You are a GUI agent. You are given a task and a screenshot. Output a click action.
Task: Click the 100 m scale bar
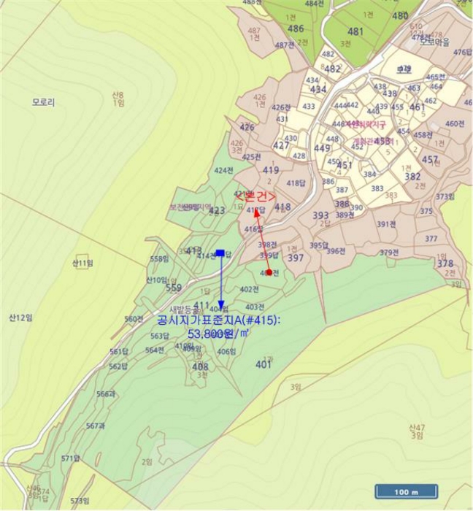coord(406,492)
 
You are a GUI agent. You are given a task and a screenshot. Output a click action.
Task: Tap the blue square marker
coord(220,253)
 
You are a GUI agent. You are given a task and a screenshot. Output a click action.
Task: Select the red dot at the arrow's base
coord(269,272)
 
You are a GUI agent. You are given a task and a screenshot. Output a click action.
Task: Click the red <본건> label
coord(255,196)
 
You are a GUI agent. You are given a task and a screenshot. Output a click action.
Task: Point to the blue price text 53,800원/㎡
coord(219,334)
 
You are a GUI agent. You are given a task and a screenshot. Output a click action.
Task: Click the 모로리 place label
coord(44,103)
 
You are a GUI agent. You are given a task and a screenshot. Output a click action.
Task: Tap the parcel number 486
coord(296,28)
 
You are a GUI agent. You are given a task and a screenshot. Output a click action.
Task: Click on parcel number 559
coord(174,288)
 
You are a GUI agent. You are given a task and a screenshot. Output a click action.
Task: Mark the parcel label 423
coord(217,211)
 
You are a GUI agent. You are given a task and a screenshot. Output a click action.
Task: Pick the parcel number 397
coord(295,258)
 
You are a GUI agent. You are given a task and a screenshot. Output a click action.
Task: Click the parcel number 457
coord(430,159)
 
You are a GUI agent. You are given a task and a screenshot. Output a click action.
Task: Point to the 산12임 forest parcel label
coord(21,318)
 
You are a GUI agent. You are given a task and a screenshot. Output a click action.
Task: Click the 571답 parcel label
coord(70,458)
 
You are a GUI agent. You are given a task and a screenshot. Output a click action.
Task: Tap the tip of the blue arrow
coord(220,307)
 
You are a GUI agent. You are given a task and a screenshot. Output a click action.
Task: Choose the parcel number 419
coord(271,170)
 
